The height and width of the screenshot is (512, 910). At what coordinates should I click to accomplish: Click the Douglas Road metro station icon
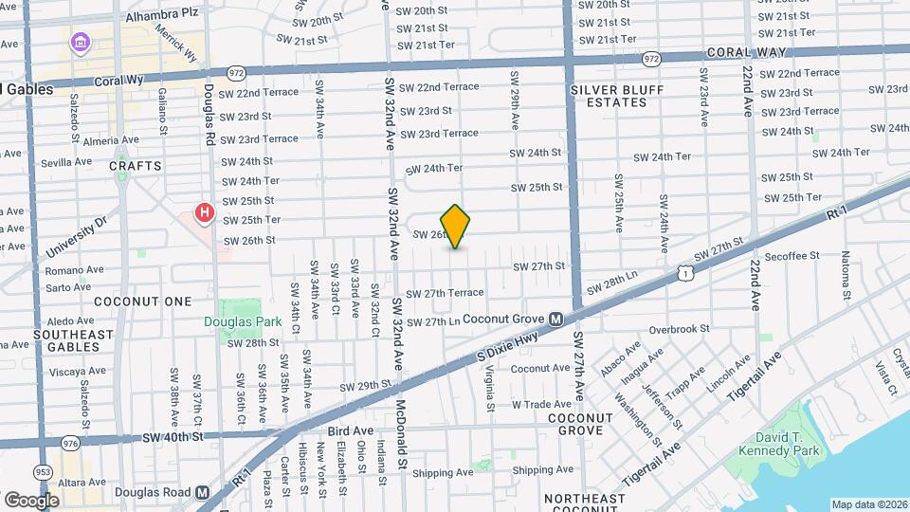tap(202, 493)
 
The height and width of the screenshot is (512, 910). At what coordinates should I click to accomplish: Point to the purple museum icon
tap(79, 43)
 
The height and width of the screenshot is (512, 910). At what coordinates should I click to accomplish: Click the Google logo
tap(31, 500)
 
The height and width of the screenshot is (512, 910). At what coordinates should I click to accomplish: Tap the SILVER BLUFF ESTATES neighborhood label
tap(617, 96)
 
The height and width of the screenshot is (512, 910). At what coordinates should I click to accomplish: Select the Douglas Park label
tap(242, 321)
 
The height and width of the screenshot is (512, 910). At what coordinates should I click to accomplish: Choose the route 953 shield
tap(43, 472)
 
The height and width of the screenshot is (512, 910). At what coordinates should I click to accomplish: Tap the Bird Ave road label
tap(351, 430)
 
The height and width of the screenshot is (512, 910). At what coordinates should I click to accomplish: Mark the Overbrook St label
tap(680, 329)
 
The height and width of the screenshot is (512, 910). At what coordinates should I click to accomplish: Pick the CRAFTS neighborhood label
tap(130, 165)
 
